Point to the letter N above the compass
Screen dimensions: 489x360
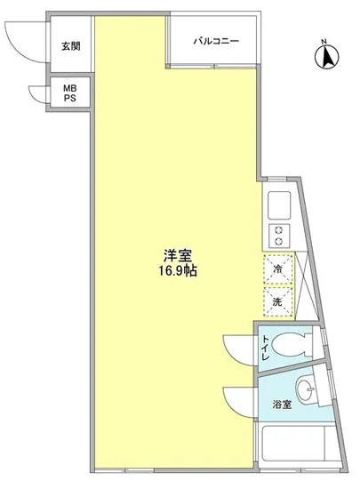325,40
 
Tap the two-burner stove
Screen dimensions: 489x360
277,236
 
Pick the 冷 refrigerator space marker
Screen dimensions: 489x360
277,269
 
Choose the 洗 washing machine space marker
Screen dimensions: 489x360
277,301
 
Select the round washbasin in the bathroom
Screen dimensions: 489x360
308,390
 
